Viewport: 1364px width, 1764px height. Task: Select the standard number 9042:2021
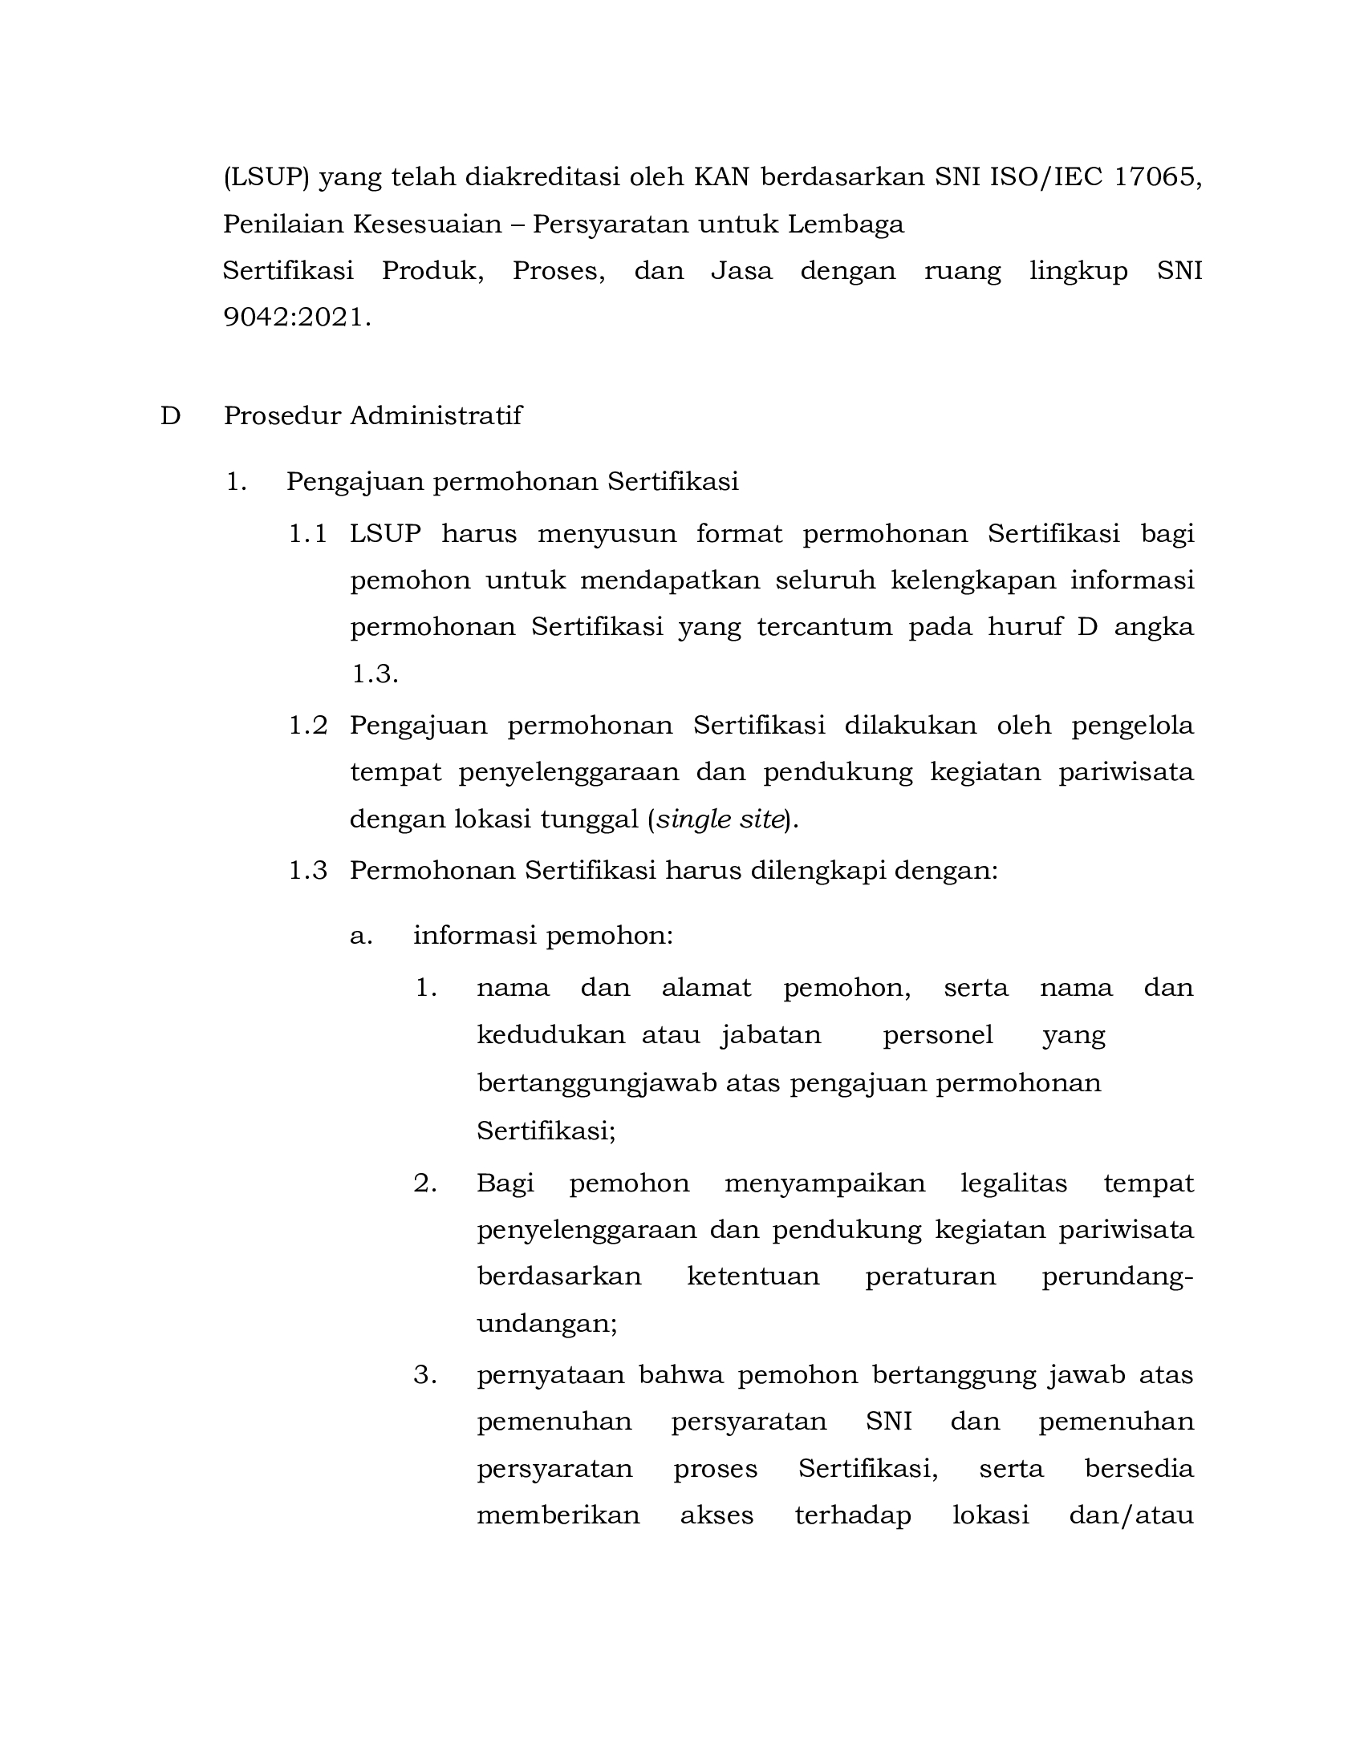(296, 318)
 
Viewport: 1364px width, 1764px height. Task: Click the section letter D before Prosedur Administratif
(169, 416)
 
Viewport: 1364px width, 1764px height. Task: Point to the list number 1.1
(308, 534)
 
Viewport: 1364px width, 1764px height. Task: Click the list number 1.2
(308, 726)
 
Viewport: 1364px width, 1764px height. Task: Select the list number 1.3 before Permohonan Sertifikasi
(308, 870)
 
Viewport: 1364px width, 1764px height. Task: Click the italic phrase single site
(720, 819)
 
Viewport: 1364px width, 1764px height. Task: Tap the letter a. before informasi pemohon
(360, 936)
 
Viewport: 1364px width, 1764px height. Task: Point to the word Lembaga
(846, 224)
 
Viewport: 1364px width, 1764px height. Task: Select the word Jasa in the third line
(741, 270)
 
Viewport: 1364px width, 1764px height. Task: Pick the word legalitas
(1013, 1183)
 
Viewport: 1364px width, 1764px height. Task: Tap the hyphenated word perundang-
(1117, 1277)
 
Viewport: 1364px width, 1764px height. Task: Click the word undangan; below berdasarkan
(546, 1324)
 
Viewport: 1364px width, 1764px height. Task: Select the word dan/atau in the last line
(1131, 1515)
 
